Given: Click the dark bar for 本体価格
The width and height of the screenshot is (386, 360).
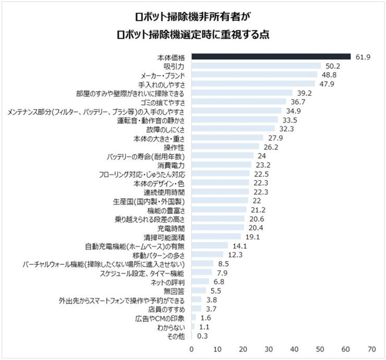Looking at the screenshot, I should [270, 57].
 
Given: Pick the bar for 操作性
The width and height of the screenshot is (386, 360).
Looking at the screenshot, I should [225, 147].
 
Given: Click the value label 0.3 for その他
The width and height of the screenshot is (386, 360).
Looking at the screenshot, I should [201, 336].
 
